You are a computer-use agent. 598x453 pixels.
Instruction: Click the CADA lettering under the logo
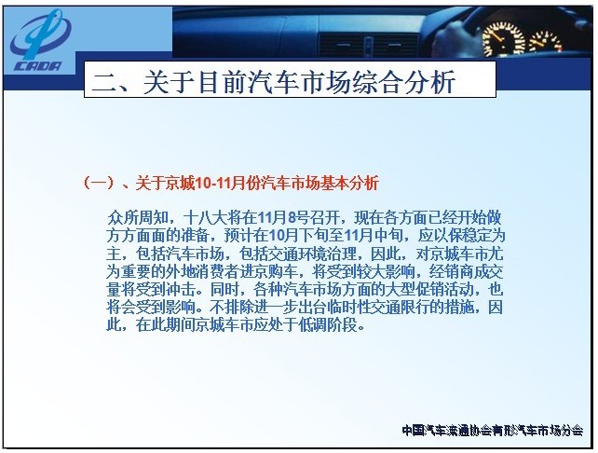pyautogui.click(x=37, y=65)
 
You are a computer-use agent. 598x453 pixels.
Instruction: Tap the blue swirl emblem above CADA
pyautogui.click(x=40, y=34)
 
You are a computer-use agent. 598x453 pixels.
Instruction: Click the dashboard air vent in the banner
pyautogui.click(x=368, y=45)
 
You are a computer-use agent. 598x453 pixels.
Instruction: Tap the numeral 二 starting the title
pyautogui.click(x=104, y=82)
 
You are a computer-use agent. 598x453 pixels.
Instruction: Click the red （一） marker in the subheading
pyautogui.click(x=99, y=184)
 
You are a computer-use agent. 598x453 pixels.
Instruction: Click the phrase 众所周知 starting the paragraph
pyautogui.click(x=137, y=217)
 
